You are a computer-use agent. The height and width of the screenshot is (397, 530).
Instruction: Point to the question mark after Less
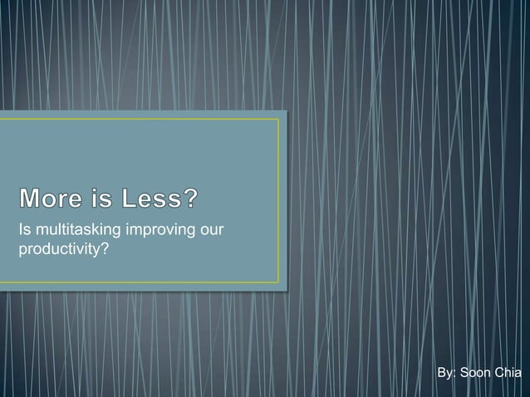(191, 200)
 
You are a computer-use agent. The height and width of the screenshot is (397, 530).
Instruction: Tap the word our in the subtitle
(213, 230)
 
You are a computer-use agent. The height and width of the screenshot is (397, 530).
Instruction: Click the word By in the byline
(444, 374)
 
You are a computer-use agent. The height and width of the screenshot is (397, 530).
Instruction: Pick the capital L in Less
(128, 200)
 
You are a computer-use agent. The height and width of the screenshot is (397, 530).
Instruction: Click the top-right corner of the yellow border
(278, 120)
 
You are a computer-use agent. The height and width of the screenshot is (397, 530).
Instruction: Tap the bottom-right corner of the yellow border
(278, 282)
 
